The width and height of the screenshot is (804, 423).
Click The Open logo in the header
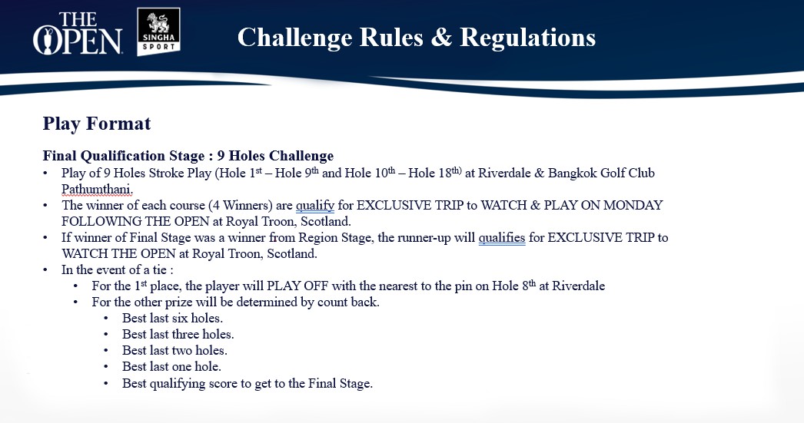coord(78,33)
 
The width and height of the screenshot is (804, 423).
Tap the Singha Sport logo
coord(158,31)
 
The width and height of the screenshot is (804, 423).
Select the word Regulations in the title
coord(527,38)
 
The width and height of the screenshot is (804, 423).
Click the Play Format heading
coord(96,124)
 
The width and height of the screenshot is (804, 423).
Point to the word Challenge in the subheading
coord(301,156)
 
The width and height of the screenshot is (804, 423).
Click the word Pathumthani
coord(97,190)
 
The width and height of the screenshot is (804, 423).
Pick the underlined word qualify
coord(315,206)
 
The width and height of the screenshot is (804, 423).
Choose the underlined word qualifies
coord(501,238)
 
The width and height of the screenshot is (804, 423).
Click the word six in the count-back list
coord(180,318)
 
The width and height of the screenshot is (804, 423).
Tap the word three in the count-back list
coord(185,335)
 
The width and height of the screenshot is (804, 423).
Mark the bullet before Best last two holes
coord(106,351)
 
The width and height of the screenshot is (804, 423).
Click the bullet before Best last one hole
coord(106,367)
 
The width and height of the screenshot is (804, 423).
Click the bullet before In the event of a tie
coord(45,270)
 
